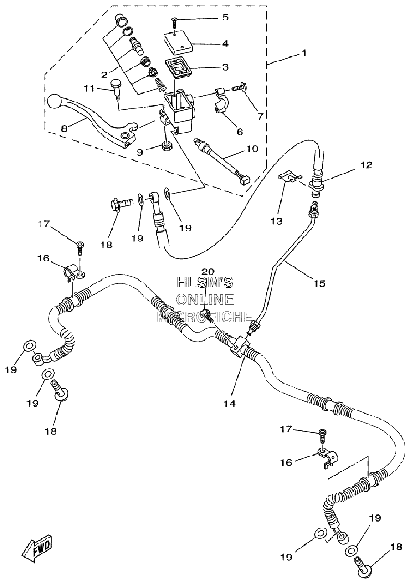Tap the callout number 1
tap(304, 53)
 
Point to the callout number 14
tap(229, 404)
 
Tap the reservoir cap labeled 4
tap(178, 42)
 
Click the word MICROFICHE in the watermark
tap(205, 317)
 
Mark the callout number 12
tap(367, 165)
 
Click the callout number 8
tap(64, 128)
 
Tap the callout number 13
tap(276, 221)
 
